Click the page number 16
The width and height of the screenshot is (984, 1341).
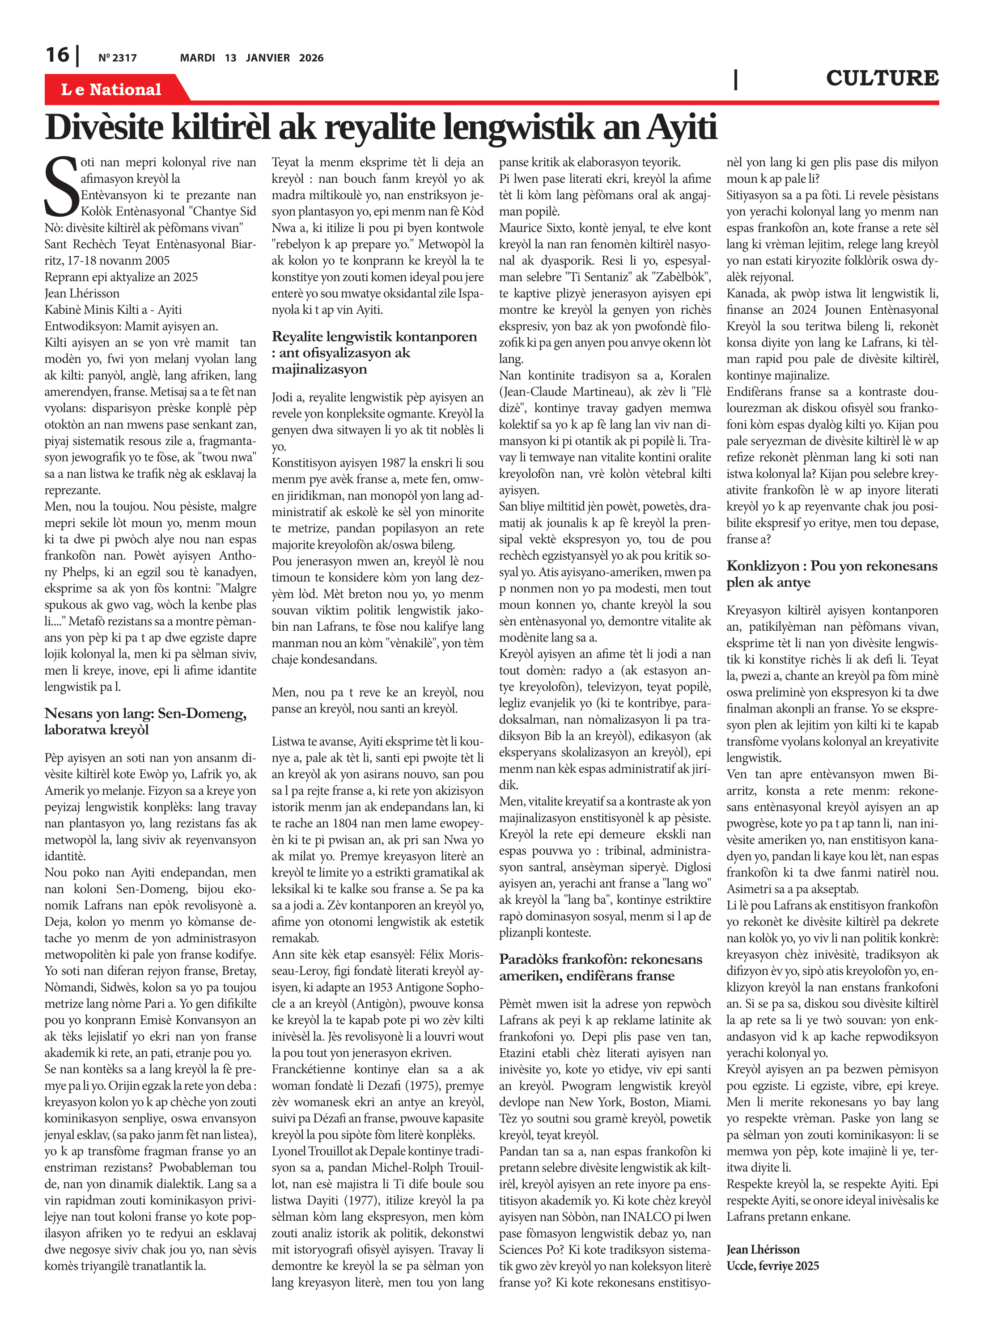coord(58,55)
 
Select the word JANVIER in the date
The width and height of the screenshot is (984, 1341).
coord(267,58)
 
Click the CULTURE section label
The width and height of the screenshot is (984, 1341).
coord(882,78)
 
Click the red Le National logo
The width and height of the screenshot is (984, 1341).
coord(111,89)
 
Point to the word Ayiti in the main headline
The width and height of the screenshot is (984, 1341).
coord(681,127)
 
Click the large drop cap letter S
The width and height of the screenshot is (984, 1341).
coord(61,186)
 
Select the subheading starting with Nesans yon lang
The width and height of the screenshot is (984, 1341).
coord(145,721)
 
